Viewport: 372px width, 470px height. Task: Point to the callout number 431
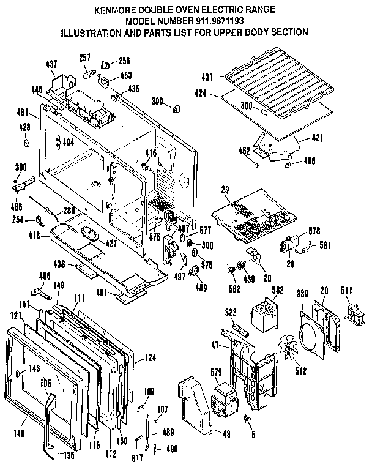[x=208, y=78]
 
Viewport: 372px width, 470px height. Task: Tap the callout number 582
[x=278, y=291]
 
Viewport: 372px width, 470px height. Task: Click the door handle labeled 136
[x=54, y=428]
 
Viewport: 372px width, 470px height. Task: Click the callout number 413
[x=35, y=235]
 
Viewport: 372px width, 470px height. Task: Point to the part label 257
[x=85, y=58]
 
